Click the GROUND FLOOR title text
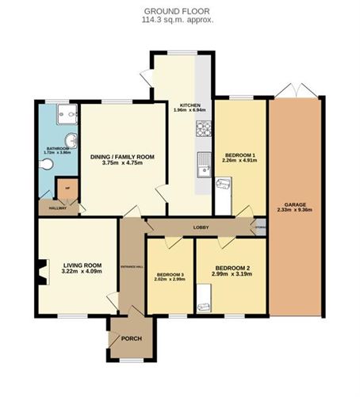pos(179,11)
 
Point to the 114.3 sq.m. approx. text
pos(179,20)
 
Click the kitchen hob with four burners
pos(202,128)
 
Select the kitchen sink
pos(203,167)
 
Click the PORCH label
pos(131,338)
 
